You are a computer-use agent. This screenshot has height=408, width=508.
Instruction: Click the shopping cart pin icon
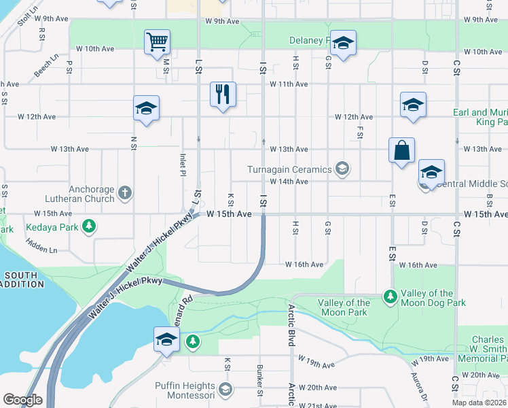click(x=157, y=41)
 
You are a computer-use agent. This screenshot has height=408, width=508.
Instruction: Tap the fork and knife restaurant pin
click(x=223, y=94)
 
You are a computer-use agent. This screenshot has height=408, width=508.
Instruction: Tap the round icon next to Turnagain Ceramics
click(x=342, y=169)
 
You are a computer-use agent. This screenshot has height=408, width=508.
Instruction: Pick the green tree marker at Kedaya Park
click(x=89, y=226)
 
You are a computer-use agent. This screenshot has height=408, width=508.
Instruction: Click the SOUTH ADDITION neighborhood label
click(x=20, y=280)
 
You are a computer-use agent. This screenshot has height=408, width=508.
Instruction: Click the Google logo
click(x=22, y=400)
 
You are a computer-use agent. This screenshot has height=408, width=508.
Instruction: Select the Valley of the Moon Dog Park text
click(x=433, y=297)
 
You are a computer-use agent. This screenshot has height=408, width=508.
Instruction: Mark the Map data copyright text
click(x=479, y=403)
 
